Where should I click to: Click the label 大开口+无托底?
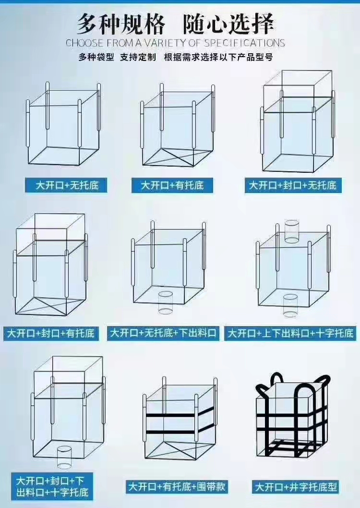(67, 185)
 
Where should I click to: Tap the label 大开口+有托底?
(172, 185)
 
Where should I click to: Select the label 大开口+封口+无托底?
(293, 185)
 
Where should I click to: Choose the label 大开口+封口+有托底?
(51, 333)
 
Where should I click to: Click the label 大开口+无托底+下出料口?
(163, 333)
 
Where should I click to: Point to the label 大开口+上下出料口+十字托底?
(290, 333)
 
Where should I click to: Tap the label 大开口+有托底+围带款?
(177, 486)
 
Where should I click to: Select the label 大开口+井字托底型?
(296, 486)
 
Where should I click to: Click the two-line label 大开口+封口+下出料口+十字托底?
(52, 486)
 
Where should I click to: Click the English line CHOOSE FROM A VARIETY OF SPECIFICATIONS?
(175, 43)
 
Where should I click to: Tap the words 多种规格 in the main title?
(121, 24)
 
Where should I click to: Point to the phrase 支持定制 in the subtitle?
(138, 57)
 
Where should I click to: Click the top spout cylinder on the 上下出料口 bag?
(291, 231)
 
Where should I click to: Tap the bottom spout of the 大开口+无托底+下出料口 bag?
(166, 302)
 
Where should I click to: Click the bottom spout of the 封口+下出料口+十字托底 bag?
(64, 457)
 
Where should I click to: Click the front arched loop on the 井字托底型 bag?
(305, 399)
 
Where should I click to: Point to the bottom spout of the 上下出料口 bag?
(290, 305)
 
